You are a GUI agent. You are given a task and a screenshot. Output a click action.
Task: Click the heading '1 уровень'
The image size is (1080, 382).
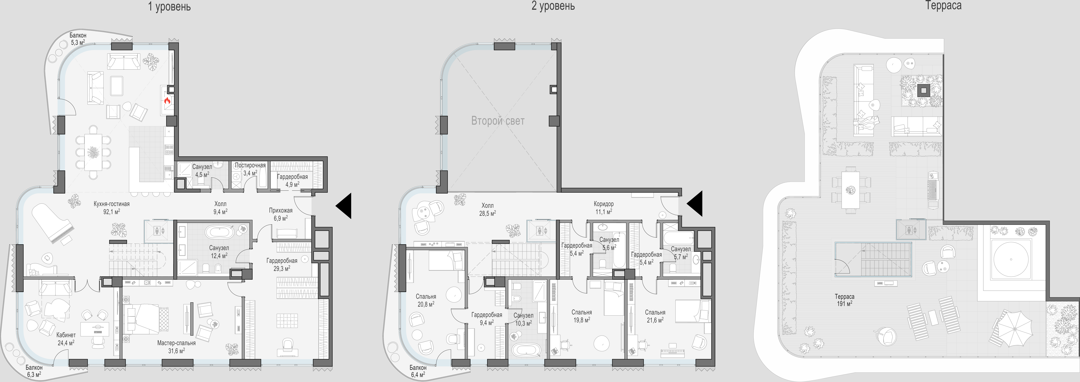169,7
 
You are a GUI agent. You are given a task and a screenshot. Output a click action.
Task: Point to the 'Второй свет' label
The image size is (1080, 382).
498,121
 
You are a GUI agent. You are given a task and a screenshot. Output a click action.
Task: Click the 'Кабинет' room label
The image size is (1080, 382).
66,335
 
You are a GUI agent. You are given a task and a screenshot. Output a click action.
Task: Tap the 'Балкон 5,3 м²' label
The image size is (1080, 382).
78,39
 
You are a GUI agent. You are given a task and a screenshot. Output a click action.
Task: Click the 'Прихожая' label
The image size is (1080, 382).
280,210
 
